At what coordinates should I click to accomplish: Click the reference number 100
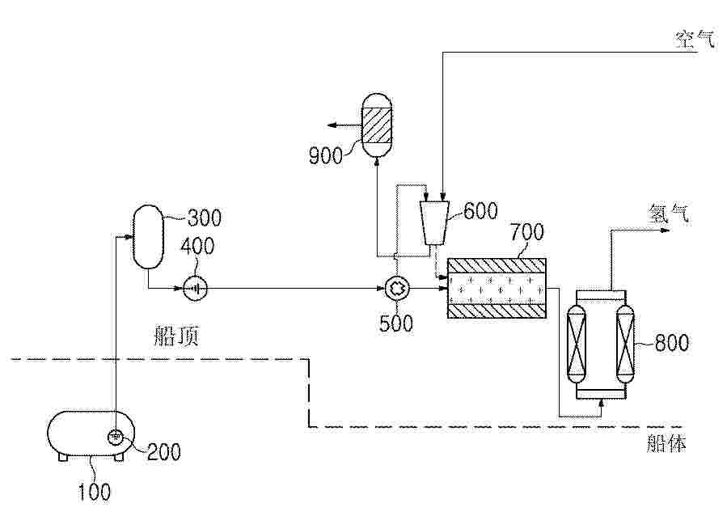(x=94, y=492)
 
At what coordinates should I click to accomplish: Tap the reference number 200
(x=163, y=452)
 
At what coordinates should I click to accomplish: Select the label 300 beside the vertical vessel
(x=204, y=218)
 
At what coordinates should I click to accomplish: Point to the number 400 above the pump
(x=197, y=246)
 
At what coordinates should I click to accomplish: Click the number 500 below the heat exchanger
(x=396, y=324)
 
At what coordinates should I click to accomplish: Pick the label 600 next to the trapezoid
(x=481, y=211)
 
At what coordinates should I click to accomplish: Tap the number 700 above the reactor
(x=527, y=232)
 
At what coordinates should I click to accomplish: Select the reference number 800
(x=671, y=343)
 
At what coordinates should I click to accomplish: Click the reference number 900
(x=325, y=156)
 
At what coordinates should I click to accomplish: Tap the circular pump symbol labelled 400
(x=195, y=289)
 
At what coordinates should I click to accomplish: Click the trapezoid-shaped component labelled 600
(x=434, y=222)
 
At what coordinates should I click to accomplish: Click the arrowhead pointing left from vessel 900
(x=332, y=125)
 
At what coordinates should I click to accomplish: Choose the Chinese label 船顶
(x=176, y=336)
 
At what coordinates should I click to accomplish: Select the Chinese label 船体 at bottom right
(x=666, y=443)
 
